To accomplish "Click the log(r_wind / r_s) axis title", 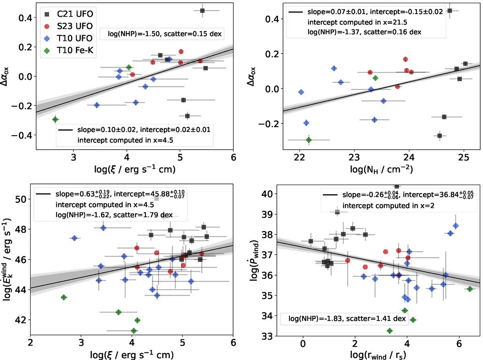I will tap(380, 354).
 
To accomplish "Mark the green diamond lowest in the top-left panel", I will tap(55, 119).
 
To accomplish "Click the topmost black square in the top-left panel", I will tap(202, 10).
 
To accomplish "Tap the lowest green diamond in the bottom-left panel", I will tap(134, 331).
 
